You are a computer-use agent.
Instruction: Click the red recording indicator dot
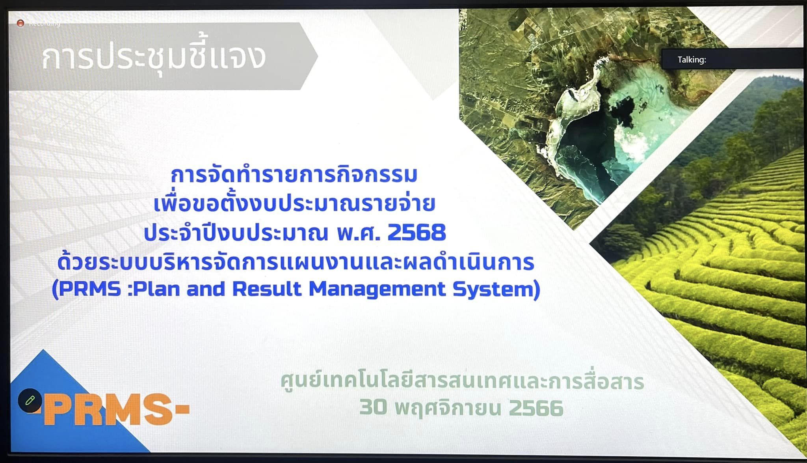point(20,24)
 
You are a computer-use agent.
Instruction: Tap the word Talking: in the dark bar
point(692,60)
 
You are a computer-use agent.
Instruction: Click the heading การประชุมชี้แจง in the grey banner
point(154,58)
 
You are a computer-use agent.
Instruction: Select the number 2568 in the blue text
point(417,232)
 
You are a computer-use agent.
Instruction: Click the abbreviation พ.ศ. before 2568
point(358,233)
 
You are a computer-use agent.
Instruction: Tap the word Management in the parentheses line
point(377,290)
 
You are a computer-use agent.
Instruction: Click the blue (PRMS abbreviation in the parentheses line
point(86,289)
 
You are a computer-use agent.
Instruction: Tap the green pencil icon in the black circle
point(30,401)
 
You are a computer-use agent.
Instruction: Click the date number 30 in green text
point(373,407)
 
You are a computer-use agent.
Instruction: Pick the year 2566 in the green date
point(536,407)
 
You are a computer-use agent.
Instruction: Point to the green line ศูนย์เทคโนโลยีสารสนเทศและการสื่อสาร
point(463,381)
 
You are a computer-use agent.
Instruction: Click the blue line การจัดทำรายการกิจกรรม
point(294,175)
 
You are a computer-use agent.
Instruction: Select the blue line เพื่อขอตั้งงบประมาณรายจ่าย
point(294,203)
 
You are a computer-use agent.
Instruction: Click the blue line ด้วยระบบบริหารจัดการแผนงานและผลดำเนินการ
point(296,262)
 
